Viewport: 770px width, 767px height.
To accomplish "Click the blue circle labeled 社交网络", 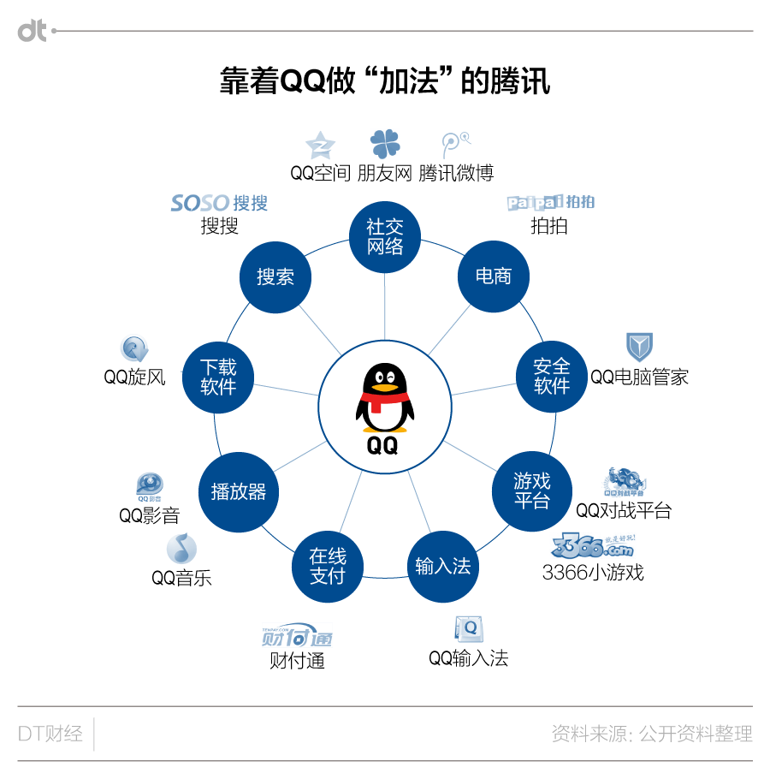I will coord(385,236).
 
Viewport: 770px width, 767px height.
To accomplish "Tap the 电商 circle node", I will coord(494,276).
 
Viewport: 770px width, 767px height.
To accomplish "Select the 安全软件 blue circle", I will coord(552,376).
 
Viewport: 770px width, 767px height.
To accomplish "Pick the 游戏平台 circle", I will coord(531,491).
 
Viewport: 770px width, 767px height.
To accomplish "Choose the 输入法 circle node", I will coord(442,566).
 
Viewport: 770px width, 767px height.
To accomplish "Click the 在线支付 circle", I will coord(328,566).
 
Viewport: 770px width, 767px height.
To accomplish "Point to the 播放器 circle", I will coord(239,491).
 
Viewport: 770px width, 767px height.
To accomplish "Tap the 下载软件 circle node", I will coord(218,376).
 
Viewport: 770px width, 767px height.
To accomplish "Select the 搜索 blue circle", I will coord(275,276).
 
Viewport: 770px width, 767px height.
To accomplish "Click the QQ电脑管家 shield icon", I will coord(639,347).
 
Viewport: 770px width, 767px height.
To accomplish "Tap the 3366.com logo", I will coord(593,544).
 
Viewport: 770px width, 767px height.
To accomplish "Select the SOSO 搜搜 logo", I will coord(219,203).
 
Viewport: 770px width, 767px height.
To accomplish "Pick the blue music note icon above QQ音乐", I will coord(181,548).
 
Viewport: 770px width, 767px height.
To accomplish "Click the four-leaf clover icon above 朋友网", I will coord(385,144).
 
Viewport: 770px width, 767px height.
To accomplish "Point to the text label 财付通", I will coord(297,661).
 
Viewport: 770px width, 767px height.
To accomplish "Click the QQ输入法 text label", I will coord(468,657).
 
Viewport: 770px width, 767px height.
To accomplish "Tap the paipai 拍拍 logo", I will coord(550,202).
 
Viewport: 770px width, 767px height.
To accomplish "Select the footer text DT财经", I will coord(50,734).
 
